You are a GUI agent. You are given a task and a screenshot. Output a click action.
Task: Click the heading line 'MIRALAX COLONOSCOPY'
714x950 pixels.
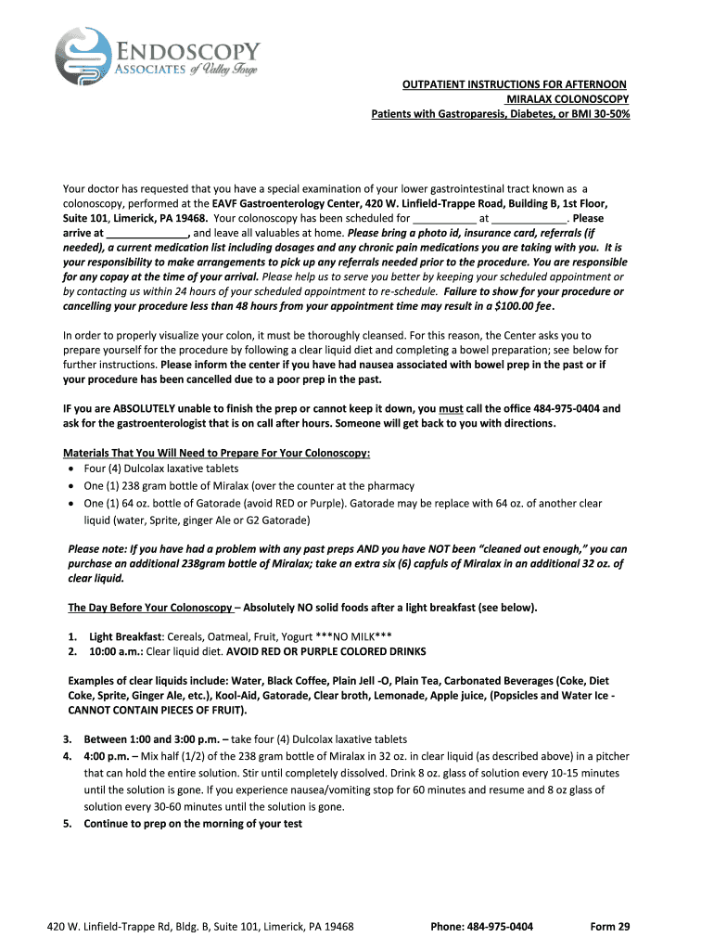(567, 99)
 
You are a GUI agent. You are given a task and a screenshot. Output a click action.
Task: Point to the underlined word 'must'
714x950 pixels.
(451, 408)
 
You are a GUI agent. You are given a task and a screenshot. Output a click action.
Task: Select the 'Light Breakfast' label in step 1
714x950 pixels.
(125, 637)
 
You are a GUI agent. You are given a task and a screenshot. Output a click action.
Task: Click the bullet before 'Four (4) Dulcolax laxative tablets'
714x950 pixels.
(72, 469)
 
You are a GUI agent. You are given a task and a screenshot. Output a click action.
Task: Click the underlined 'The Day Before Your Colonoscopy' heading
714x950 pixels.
(150, 608)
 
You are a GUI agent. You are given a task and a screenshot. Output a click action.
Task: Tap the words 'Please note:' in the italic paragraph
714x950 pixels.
(97, 548)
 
